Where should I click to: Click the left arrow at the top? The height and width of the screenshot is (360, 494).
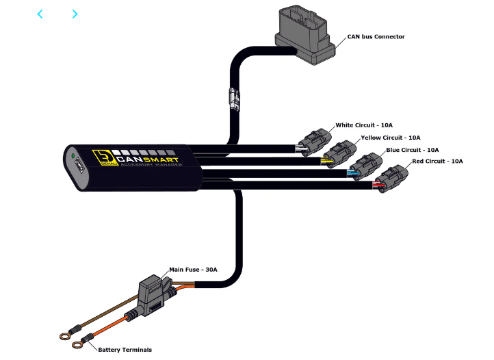[x=40, y=14]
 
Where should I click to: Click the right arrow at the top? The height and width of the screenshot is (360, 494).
[x=75, y=14]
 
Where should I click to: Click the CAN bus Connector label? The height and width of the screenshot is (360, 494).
[x=376, y=36]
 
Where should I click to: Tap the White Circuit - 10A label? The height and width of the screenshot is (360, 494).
[x=364, y=125]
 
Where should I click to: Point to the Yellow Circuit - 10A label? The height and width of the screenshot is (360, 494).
[x=391, y=138]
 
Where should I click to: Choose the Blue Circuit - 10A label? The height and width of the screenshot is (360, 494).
[x=412, y=149]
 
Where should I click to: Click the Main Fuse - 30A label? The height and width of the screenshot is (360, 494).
[x=193, y=270]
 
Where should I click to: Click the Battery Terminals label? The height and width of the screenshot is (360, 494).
[x=125, y=350]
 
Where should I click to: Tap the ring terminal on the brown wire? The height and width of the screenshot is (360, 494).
[x=66, y=335]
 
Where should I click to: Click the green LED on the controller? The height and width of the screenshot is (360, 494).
[x=72, y=157]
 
